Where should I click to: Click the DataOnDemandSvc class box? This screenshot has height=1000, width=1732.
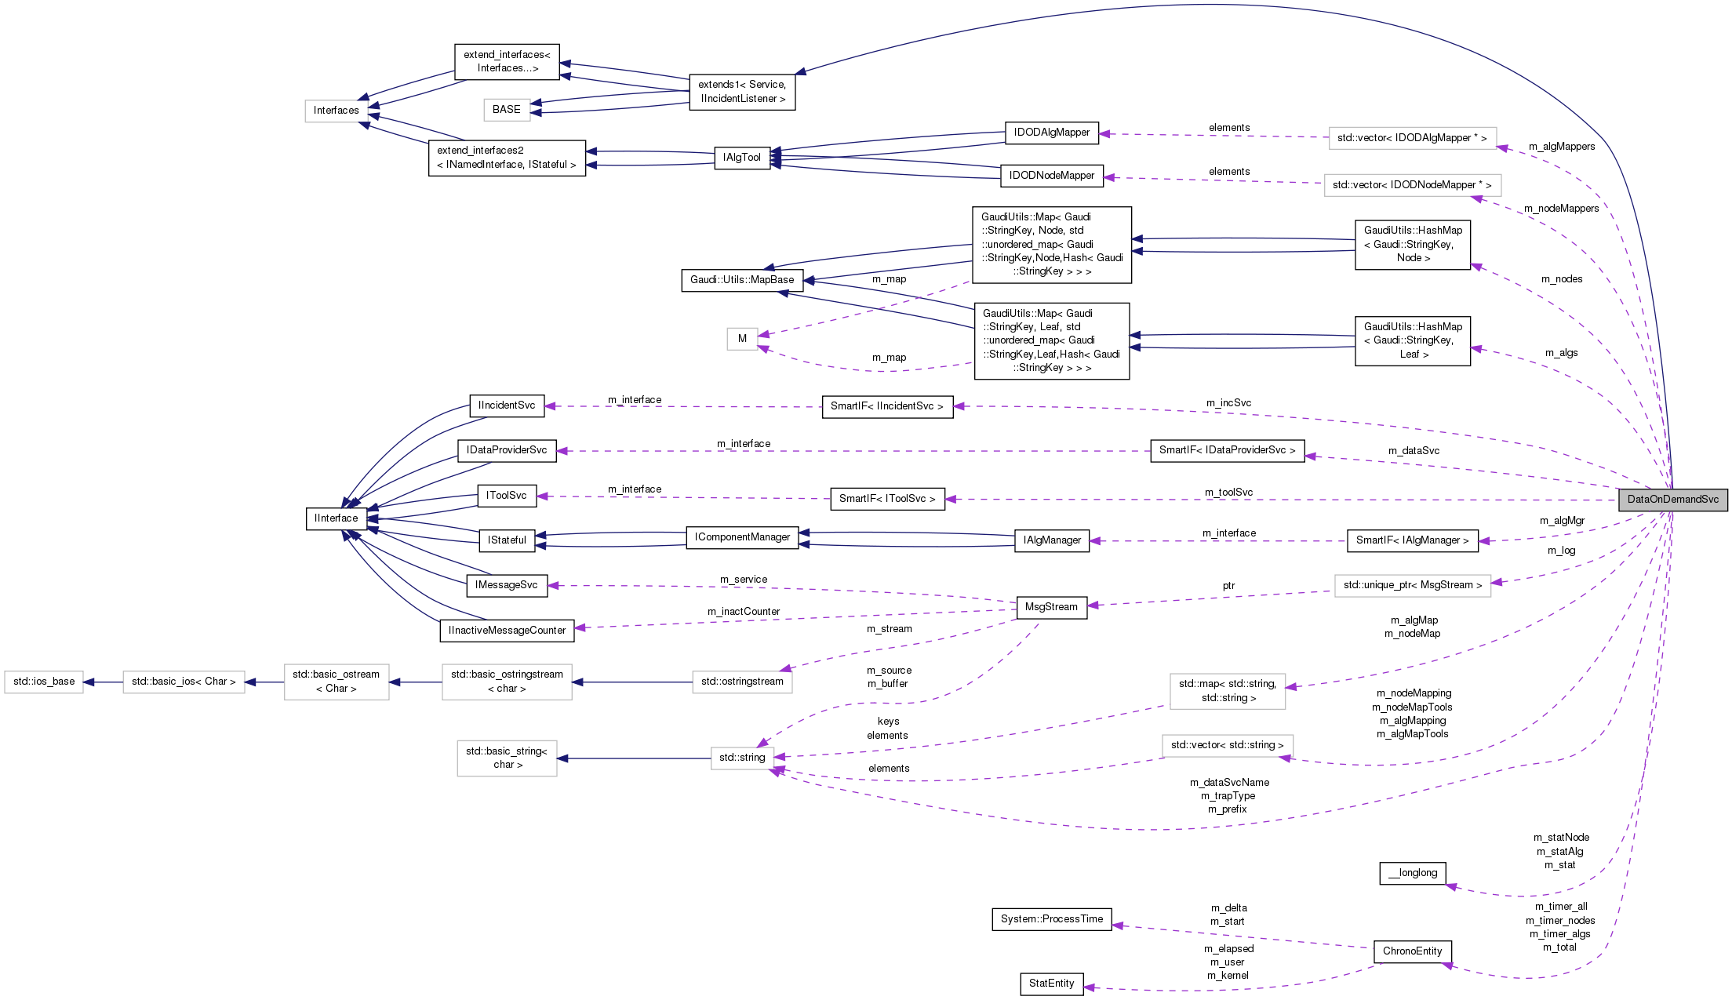[1672, 500]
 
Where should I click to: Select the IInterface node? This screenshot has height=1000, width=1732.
[337, 518]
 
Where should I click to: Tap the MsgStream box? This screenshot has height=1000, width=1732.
[1051, 607]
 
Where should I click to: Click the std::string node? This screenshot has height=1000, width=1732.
[742, 758]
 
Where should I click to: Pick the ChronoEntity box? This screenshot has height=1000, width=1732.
[1412, 951]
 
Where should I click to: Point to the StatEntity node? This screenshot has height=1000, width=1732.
[1051, 984]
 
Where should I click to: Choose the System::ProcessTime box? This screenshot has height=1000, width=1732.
[1051, 919]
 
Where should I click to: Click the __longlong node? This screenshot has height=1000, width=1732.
[1412, 873]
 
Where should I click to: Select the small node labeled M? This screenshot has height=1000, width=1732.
[742, 339]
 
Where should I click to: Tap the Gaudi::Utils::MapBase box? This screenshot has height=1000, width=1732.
[742, 280]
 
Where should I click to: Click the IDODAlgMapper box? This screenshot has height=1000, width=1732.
[1051, 133]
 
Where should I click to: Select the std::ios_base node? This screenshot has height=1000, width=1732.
[44, 682]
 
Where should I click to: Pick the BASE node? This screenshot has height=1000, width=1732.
[506, 110]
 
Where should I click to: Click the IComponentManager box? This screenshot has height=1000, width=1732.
[742, 537]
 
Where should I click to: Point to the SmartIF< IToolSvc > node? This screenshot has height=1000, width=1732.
[887, 499]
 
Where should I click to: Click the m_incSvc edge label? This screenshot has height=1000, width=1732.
[1228, 403]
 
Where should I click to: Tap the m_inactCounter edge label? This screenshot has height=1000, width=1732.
[743, 612]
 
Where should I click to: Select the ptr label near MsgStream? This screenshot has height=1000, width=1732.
[1228, 586]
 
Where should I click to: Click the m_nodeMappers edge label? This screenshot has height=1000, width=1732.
[1561, 209]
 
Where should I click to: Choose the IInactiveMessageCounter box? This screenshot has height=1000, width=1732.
[507, 631]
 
